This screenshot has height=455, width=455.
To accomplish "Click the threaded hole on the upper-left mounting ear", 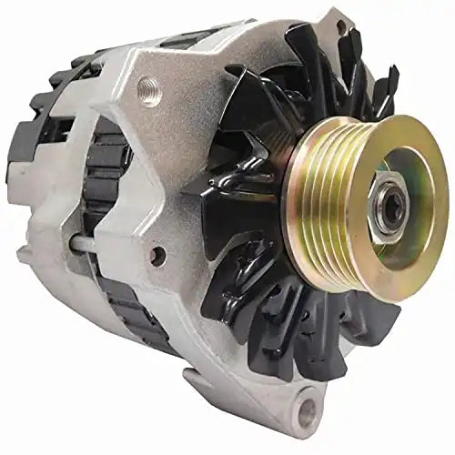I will [x=148, y=87].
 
